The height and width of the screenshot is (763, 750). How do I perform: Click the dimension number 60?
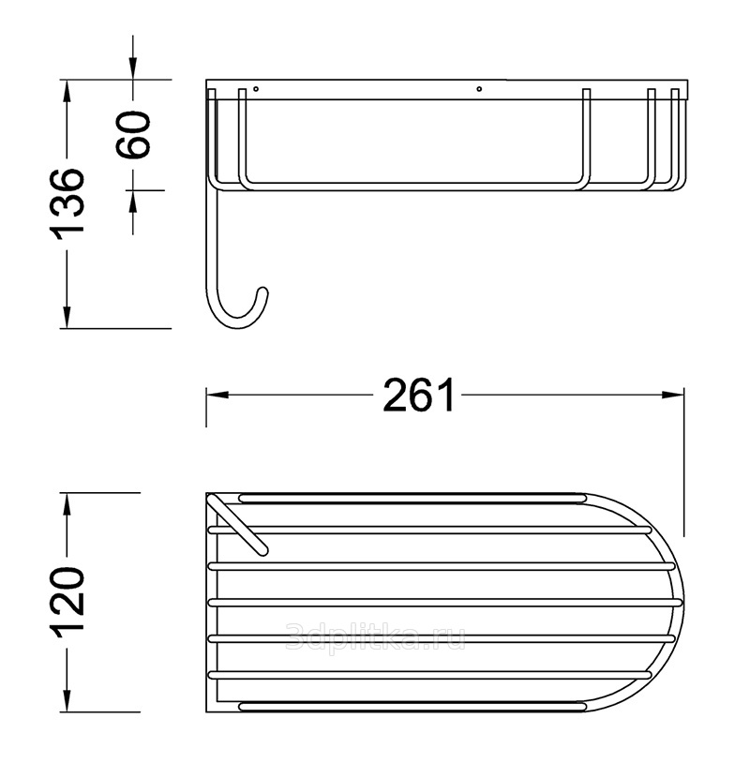pyautogui.click(x=133, y=134)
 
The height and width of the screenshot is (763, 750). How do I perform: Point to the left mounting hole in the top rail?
pyautogui.click(x=256, y=88)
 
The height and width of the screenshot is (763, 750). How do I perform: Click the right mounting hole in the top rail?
pyautogui.click(x=479, y=88)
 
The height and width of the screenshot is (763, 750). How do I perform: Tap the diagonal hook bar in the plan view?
pyautogui.click(x=237, y=525)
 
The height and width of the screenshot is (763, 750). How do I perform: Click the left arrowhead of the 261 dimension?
pyautogui.click(x=217, y=395)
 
